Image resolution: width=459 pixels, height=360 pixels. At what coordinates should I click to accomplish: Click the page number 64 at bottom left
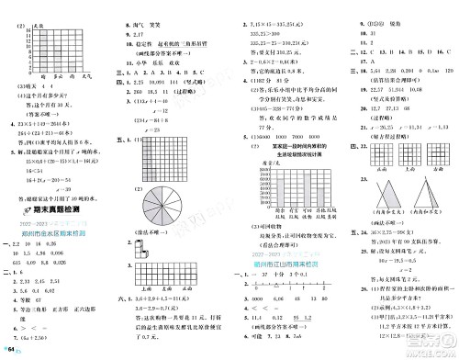pyautogui.click(x=11, y=351)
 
